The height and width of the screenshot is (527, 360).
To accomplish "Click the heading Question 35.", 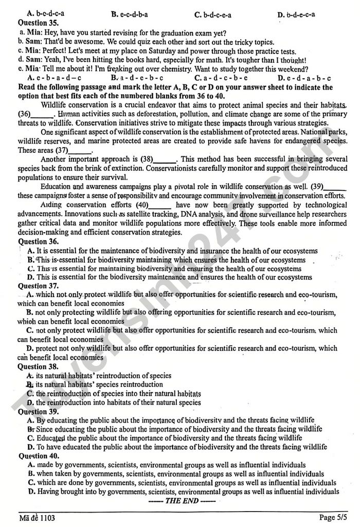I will pyautogui.click(x=38, y=23).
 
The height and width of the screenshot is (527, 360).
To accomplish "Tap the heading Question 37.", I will pyautogui.click(x=38, y=286).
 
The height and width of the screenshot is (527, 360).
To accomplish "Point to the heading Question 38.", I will pyautogui.click(x=38, y=367).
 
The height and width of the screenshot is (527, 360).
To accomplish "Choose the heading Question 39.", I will pyautogui.click(x=38, y=412).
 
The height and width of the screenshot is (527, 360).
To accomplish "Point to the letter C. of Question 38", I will pyautogui.click(x=30, y=393).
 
